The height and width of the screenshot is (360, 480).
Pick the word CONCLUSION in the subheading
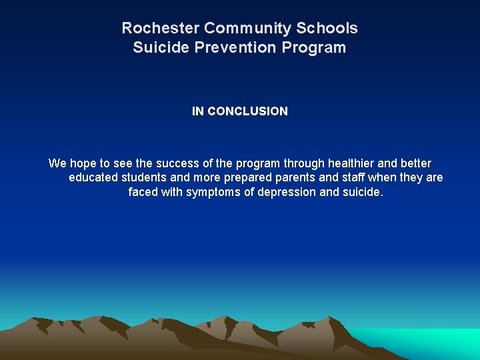click(247, 111)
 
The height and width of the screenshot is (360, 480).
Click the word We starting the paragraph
click(57, 163)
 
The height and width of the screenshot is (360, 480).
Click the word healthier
click(353, 163)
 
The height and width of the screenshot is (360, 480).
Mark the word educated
click(93, 178)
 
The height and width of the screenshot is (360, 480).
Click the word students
click(144, 178)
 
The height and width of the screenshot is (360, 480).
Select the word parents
click(297, 178)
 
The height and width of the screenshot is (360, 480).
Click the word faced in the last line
click(143, 193)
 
